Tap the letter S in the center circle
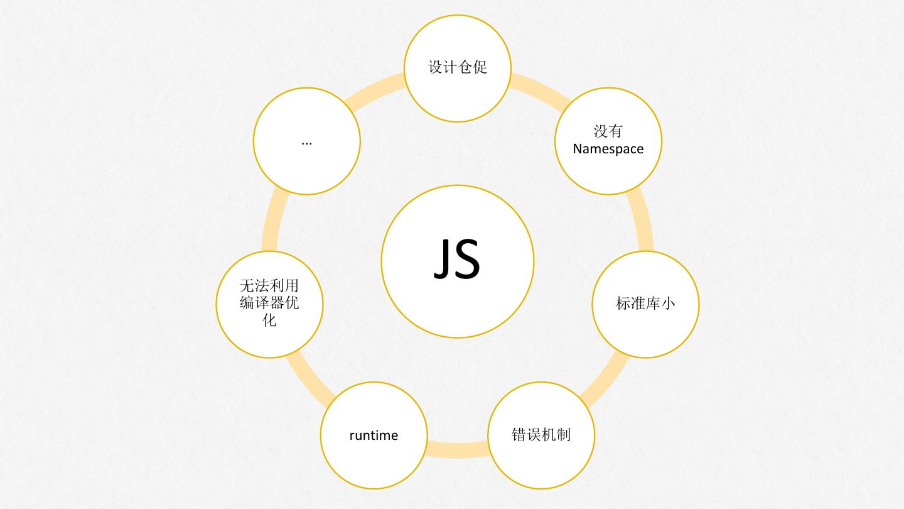(468, 260)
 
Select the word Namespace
(608, 149)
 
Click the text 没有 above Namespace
(608, 131)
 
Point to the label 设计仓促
(457, 67)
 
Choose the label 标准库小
(645, 304)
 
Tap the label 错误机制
(541, 435)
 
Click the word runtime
(374, 435)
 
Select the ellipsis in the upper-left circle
(306, 143)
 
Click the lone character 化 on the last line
(269, 320)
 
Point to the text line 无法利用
(269, 286)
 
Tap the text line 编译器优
(269, 303)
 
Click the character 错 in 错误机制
(519, 435)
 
